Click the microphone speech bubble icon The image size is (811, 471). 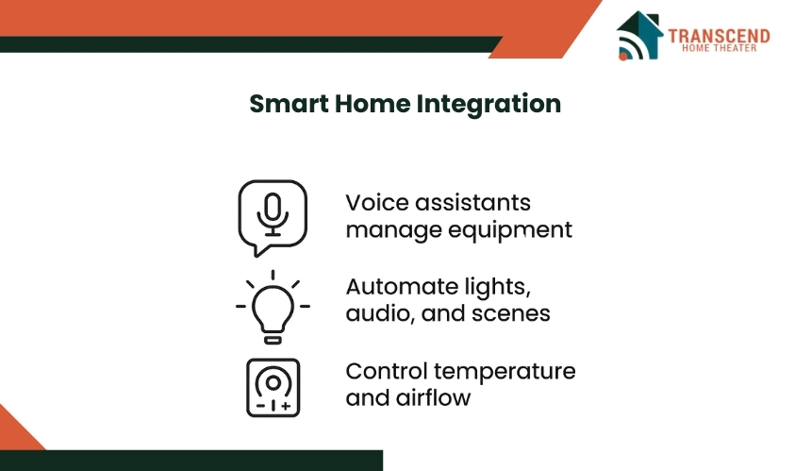(x=273, y=218)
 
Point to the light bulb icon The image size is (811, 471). (x=273, y=307)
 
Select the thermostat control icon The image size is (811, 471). (x=273, y=388)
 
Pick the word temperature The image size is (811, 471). (x=505, y=372)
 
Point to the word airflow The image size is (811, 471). (x=433, y=398)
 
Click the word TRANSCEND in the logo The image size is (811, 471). (x=719, y=36)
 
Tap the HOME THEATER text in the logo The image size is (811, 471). (x=719, y=48)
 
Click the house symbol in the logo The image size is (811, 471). (x=639, y=35)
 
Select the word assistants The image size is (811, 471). (x=472, y=202)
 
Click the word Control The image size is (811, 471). (x=387, y=371)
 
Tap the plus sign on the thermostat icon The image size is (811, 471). (x=286, y=406)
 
